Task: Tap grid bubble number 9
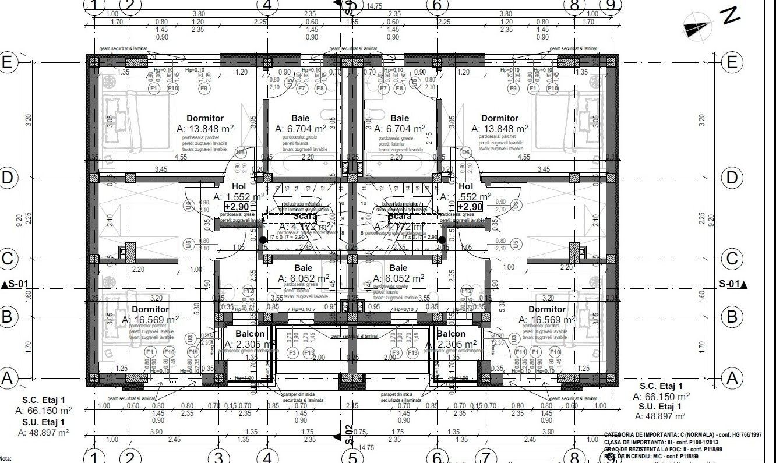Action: point(611,5)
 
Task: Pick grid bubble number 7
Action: point(486,457)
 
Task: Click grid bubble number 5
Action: point(352,457)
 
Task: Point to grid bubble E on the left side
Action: point(7,62)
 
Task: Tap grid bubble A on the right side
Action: point(732,378)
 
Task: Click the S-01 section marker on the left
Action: point(16,285)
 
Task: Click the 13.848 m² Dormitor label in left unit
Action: point(205,129)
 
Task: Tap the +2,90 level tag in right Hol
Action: point(469,207)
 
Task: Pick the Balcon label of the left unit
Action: point(250,334)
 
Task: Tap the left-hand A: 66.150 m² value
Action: point(44,411)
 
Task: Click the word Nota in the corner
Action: point(6,460)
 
